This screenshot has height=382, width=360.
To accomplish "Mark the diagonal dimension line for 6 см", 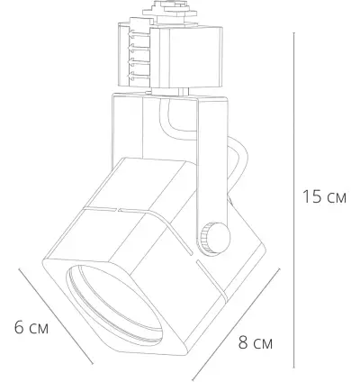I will coord(63,306).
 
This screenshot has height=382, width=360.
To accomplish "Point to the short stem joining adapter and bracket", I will coord(184,91).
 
